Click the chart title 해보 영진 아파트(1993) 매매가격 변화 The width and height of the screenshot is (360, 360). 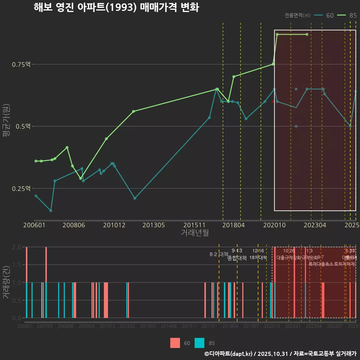tap(116, 7)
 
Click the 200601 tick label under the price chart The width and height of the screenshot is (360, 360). tap(34, 225)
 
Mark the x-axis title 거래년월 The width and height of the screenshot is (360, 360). tap(195, 232)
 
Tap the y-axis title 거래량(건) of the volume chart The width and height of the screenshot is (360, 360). tap(6, 282)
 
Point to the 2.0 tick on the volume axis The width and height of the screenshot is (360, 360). tap(16, 247)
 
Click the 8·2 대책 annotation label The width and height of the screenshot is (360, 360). tap(219, 254)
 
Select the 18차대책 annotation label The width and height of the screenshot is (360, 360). tap(258, 258)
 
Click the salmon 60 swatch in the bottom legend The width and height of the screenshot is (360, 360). tap(175, 343)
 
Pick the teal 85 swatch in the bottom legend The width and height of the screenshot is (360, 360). tap(200, 343)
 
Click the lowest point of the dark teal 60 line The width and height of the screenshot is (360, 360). tap(51, 210)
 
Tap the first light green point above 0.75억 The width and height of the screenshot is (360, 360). tap(277, 34)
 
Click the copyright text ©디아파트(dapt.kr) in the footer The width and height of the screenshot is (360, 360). tap(229, 354)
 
